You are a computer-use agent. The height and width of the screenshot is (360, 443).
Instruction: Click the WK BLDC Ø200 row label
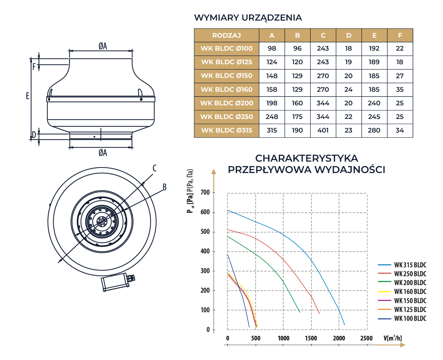point(227,103)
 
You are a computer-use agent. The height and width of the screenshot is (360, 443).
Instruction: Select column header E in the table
point(374,35)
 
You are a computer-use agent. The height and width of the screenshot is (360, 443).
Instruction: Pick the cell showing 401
point(323,130)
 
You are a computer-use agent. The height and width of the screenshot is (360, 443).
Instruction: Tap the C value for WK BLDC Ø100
point(323,48)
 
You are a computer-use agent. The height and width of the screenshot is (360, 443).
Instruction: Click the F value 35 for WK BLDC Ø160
point(400,90)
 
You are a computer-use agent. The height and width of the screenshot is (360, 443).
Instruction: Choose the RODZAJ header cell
point(227,35)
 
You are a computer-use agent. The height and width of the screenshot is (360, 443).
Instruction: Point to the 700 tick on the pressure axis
point(205,192)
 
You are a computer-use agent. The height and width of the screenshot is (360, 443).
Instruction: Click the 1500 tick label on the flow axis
point(311,338)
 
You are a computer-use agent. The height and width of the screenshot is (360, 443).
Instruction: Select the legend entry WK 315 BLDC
point(410,265)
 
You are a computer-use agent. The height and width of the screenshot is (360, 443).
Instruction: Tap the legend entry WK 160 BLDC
point(410,292)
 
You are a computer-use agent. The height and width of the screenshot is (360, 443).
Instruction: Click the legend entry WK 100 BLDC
point(410,319)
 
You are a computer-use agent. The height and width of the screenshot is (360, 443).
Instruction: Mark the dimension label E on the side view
point(28,96)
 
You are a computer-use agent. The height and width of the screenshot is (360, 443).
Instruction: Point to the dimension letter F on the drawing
point(34,67)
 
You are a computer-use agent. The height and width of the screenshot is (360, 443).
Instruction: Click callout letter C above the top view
point(154,168)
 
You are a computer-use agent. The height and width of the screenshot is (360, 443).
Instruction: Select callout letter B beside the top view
point(165,187)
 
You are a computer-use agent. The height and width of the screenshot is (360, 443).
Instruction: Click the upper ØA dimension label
point(103,46)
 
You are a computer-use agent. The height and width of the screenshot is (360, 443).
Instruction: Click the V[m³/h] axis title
point(393,338)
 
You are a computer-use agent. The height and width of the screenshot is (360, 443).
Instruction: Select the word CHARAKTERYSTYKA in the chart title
point(306,158)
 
